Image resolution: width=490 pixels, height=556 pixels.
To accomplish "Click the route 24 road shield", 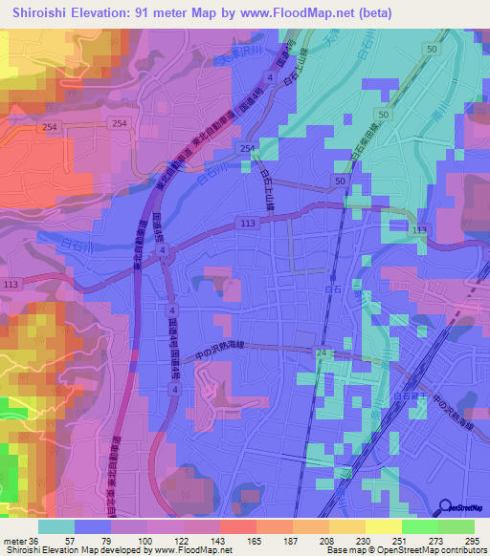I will [322, 353].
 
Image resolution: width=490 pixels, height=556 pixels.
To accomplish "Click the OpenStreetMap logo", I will [462, 508].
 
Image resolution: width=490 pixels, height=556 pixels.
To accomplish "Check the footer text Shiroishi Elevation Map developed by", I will [67, 550].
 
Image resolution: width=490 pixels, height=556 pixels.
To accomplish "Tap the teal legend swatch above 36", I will [56, 525].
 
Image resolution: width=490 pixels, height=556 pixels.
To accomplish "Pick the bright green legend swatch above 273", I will [419, 525].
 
